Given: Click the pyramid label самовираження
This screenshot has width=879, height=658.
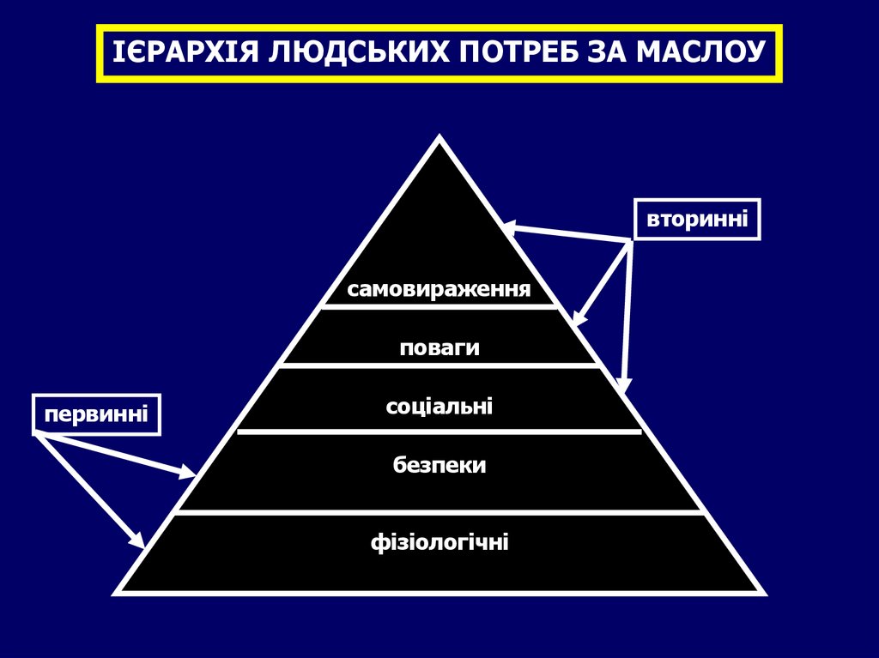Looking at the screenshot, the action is click(439, 289).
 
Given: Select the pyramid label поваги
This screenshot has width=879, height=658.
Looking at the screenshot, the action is click(439, 348).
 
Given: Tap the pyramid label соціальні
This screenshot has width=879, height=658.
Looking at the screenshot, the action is click(439, 405).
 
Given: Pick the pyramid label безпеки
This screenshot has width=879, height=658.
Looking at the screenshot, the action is click(439, 465).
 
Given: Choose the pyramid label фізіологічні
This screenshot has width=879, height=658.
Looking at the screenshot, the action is click(439, 542).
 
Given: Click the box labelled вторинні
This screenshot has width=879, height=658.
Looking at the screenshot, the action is click(697, 220).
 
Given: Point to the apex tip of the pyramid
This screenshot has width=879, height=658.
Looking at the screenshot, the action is click(440, 138).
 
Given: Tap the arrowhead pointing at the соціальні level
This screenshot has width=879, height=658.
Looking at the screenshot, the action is click(626, 385).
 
